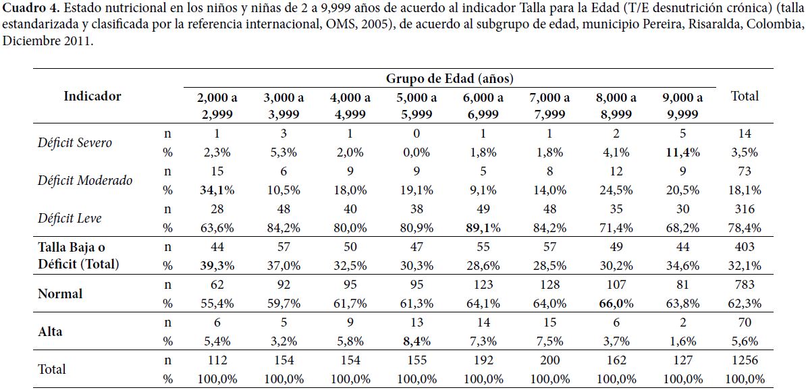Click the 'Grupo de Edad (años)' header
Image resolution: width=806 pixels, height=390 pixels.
point(450,78)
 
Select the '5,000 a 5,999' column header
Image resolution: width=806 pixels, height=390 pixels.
point(417,105)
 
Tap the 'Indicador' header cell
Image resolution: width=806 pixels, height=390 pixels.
point(92,96)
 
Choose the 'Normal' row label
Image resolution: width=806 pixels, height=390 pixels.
point(60,294)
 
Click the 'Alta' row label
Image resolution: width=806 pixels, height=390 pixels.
point(51,331)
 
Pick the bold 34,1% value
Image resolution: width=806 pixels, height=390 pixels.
point(217,190)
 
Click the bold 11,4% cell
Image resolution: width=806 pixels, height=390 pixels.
point(682,152)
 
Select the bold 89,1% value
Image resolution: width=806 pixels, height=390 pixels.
point(482,227)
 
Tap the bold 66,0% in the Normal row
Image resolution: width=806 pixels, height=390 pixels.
point(615,303)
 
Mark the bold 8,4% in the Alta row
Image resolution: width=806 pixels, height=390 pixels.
point(417,341)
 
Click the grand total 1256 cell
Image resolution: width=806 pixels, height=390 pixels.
point(745,360)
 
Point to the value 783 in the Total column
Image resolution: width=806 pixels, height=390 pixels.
point(745,284)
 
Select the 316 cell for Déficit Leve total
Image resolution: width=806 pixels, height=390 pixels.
point(745,208)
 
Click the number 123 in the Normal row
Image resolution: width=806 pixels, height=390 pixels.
point(483,284)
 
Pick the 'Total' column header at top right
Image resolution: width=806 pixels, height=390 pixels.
point(745,96)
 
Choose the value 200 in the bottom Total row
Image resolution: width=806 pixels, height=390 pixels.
point(549,360)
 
